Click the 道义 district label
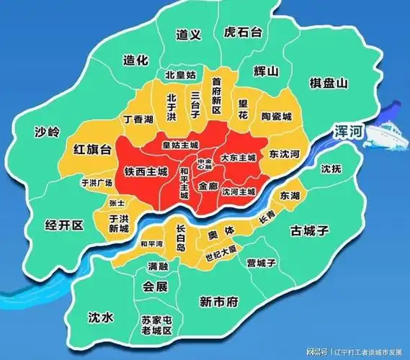coord(188,35)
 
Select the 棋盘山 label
coord(329,84)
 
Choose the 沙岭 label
coord(48,132)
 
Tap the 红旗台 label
coord(93,149)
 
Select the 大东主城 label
coord(239,157)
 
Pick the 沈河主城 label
coord(238,192)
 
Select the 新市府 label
coord(218,301)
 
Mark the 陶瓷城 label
coord(277,117)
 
